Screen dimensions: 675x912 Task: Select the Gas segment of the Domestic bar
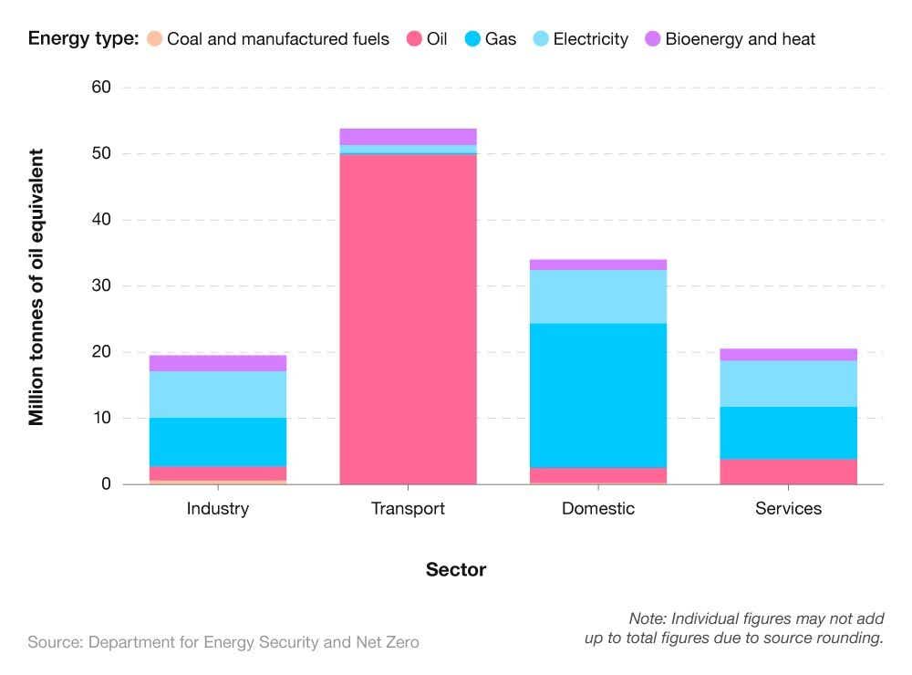coord(598,395)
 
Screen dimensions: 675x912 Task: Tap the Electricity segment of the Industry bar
coord(218,394)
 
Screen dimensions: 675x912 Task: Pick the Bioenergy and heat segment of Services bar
coord(788,354)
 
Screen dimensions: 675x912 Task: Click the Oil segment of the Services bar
coord(788,471)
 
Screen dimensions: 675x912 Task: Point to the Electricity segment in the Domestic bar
coord(598,296)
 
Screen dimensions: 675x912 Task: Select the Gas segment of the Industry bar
coord(218,441)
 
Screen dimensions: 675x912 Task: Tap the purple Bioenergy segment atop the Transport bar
coord(408,137)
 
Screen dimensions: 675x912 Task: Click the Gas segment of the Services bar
coord(788,432)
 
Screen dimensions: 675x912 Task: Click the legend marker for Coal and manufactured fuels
coord(155,39)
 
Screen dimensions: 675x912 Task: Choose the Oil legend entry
coord(427,39)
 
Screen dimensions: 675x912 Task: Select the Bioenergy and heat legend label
coord(740,39)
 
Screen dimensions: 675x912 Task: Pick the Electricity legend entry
coord(590,39)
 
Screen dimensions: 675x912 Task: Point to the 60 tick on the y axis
coord(100,88)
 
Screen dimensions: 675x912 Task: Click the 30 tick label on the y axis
coord(100,286)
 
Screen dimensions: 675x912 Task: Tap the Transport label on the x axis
coord(408,508)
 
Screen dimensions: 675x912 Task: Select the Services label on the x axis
coord(788,508)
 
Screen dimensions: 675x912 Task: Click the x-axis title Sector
coord(456,570)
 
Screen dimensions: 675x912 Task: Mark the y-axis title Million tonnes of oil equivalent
coord(36,286)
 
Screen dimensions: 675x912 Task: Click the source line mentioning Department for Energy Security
coord(223,642)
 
